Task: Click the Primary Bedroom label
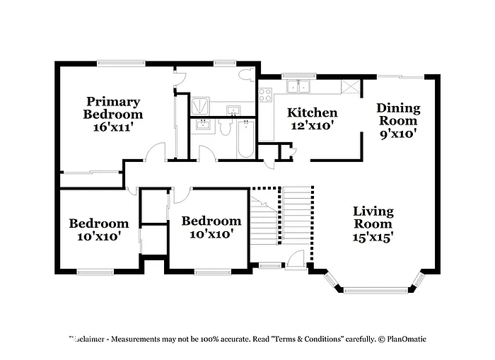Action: (x=112, y=108)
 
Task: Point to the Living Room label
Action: (x=373, y=218)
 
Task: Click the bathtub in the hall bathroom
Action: (x=245, y=138)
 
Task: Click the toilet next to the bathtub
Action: (x=226, y=128)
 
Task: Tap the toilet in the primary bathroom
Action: (x=247, y=75)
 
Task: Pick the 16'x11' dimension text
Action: (x=112, y=127)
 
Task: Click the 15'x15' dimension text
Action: (x=373, y=238)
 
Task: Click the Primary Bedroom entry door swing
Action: (x=156, y=151)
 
